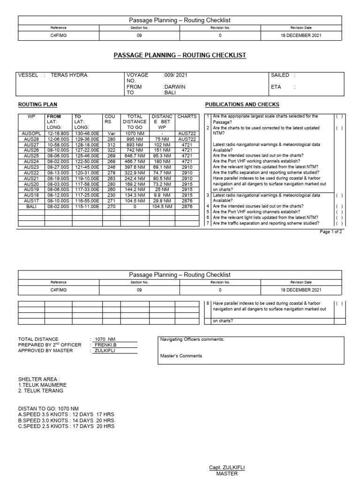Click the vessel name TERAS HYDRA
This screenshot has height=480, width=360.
[68, 75]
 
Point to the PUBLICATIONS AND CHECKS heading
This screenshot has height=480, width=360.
[242, 104]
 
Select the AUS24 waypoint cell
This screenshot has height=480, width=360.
[31, 161]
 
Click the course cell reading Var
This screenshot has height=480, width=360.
[111, 134]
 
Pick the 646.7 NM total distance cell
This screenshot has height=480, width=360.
[135, 156]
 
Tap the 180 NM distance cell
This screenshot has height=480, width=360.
[162, 161]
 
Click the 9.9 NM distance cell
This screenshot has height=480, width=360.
[162, 195]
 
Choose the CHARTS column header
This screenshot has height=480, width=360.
[187, 116]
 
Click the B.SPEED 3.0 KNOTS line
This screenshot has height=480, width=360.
[66, 420]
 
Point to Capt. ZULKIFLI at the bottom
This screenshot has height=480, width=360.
[227, 468]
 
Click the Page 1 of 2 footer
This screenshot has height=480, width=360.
[331, 232]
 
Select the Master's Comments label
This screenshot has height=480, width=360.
[181, 356]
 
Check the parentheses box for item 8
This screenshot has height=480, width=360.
[338, 304]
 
